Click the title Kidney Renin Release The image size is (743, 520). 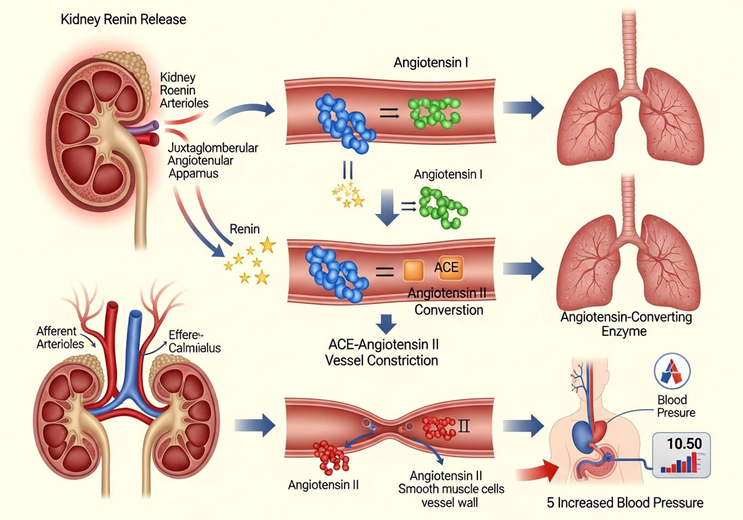pos(123,20)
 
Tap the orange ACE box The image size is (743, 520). pos(446,267)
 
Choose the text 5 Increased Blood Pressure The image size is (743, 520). pos(624,502)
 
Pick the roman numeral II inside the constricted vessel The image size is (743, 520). pos(464,427)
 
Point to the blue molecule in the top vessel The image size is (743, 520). pos(344,119)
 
